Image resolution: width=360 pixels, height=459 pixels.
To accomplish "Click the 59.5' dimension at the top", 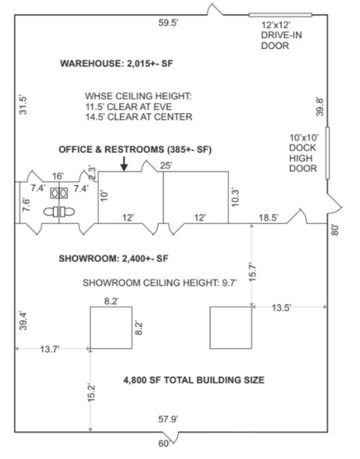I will [x=169, y=23].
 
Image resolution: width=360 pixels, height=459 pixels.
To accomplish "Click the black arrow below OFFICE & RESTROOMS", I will [x=124, y=162].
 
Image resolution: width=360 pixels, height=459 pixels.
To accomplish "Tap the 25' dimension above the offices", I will [x=165, y=165].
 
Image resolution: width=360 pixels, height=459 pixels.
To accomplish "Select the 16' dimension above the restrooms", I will [x=57, y=177].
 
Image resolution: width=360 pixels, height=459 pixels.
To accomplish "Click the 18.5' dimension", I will [x=267, y=218].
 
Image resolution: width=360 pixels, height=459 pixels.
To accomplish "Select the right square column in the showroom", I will [x=230, y=328].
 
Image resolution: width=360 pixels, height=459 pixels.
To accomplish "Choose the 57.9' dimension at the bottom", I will [x=169, y=420].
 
